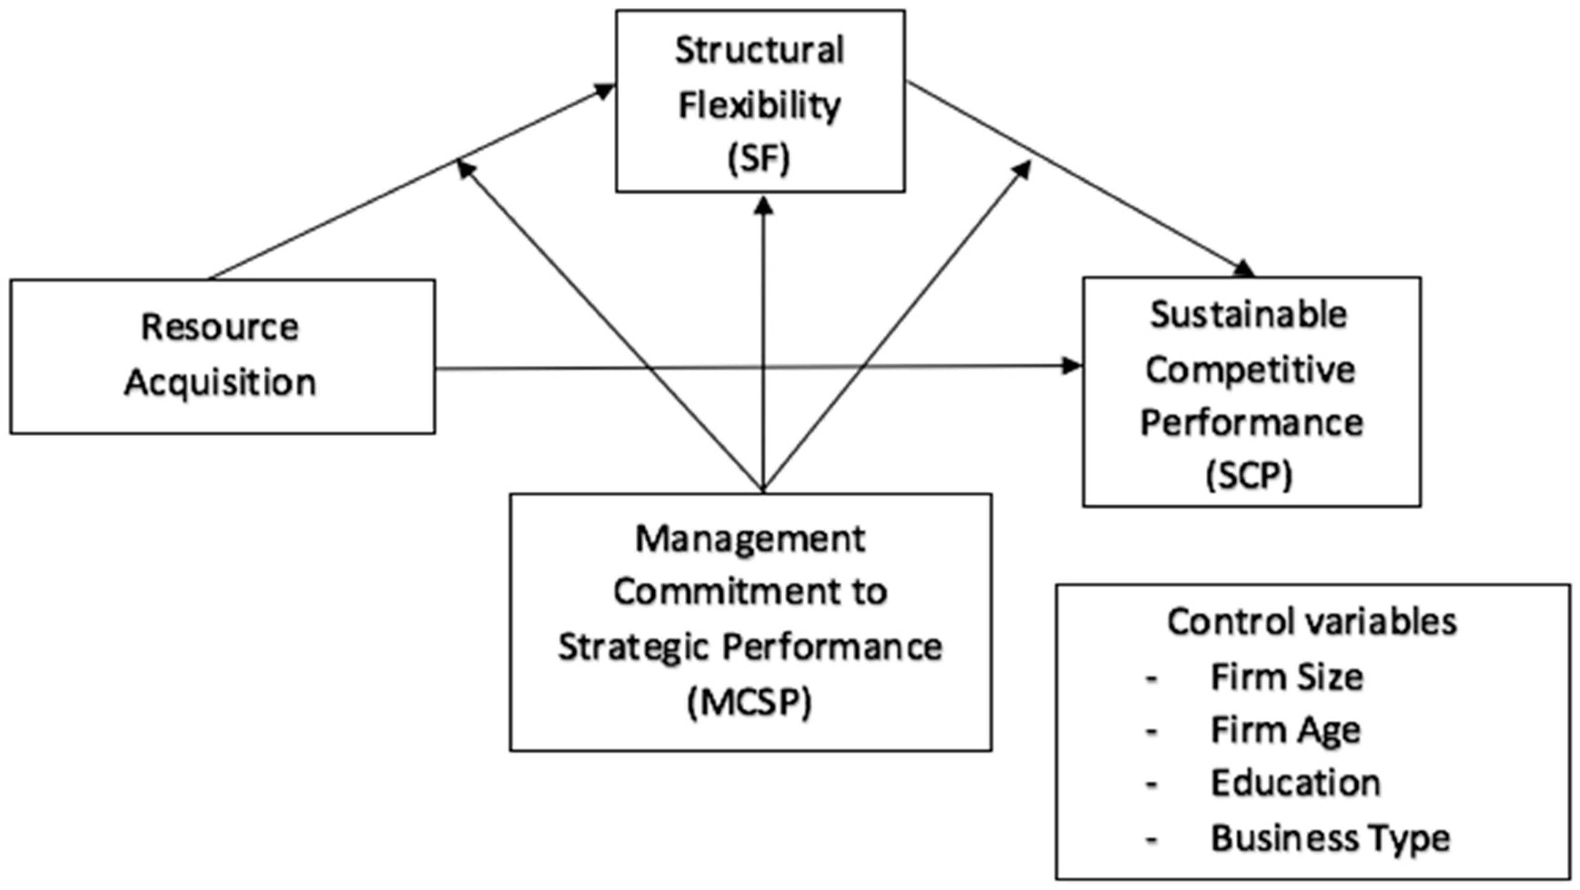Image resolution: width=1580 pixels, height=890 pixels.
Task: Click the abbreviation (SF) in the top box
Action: pos(759,159)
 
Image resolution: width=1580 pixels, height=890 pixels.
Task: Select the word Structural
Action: pos(759,50)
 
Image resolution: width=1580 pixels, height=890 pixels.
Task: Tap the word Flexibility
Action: pos(759,106)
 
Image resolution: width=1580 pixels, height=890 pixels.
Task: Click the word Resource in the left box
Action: pos(220,327)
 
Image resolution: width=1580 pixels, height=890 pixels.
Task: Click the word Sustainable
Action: pos(1249,315)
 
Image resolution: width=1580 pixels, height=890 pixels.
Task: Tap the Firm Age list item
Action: pos(1285,730)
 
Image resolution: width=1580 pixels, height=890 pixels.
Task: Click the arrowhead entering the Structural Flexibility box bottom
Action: pos(763,206)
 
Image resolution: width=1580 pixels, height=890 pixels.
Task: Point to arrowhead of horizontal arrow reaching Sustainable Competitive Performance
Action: pos(1072,366)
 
